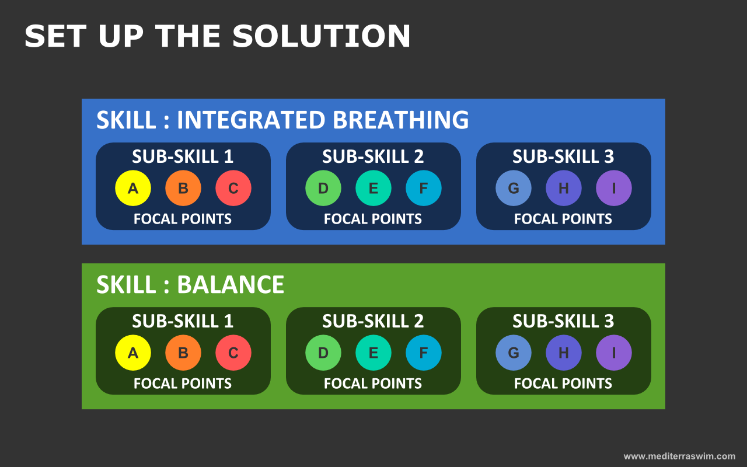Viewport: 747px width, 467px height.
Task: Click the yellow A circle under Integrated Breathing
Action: click(x=133, y=188)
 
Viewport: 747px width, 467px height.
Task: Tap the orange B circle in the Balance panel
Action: click(x=183, y=353)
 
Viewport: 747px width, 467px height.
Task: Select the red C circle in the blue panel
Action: click(x=233, y=188)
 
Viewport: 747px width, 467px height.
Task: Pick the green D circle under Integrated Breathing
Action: click(x=323, y=188)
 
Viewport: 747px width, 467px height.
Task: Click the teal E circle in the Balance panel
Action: click(x=373, y=353)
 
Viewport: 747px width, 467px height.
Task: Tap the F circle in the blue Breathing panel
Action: click(x=424, y=188)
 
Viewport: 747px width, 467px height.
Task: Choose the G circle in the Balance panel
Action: click(x=514, y=353)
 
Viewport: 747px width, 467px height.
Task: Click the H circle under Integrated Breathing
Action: click(x=564, y=188)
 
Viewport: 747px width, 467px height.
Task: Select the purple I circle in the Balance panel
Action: click(x=614, y=353)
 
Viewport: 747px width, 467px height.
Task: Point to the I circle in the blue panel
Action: click(x=614, y=188)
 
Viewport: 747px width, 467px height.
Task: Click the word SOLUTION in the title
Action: click(x=322, y=36)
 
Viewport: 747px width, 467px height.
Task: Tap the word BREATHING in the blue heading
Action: click(x=401, y=120)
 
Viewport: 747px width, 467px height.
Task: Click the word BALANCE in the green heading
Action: click(x=231, y=284)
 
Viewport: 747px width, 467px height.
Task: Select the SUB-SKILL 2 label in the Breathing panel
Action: click(x=373, y=156)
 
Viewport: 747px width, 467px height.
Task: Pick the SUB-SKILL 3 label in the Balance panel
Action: click(x=563, y=321)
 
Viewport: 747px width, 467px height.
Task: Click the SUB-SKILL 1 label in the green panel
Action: click(x=183, y=321)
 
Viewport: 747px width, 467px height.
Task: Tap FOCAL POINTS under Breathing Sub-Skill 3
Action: click(x=563, y=219)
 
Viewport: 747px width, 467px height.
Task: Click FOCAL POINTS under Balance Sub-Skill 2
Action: click(x=373, y=384)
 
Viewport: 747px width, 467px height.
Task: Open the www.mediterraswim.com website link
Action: click(x=680, y=456)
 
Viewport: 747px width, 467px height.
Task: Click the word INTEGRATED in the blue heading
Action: click(x=251, y=120)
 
